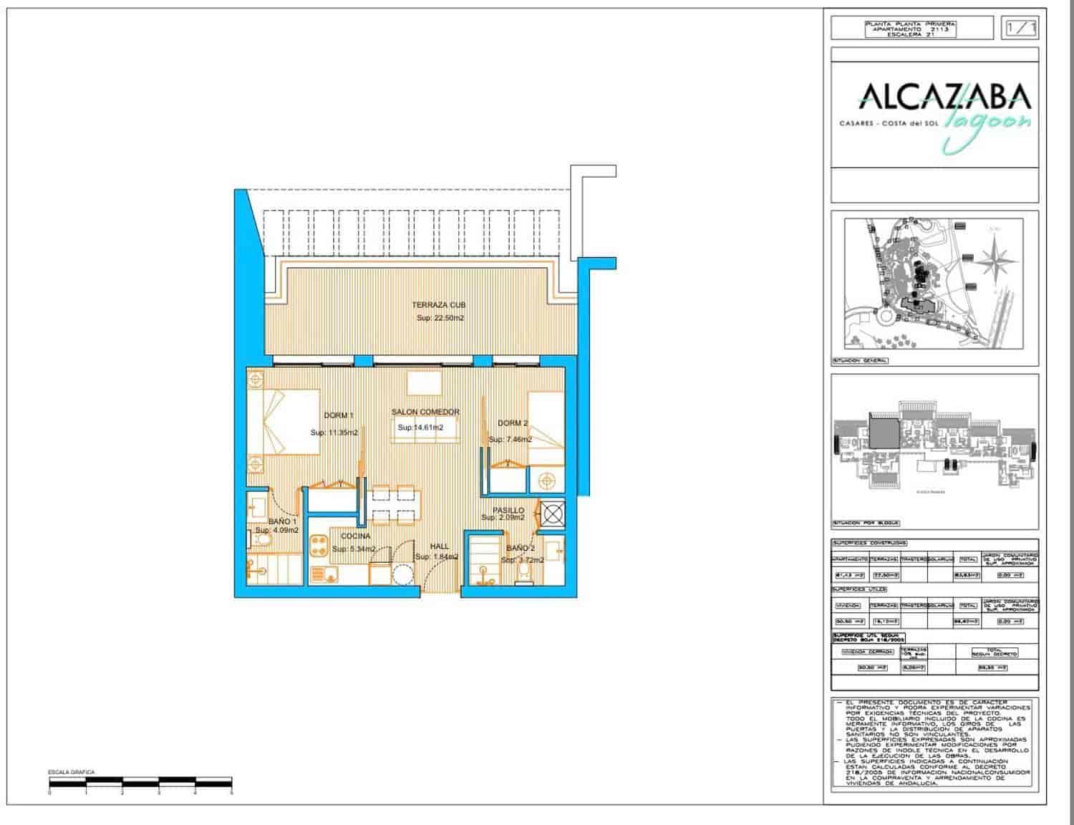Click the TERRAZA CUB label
click(x=438, y=305)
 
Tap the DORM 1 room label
click(x=339, y=415)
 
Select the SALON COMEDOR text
click(x=425, y=412)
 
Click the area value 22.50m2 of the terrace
click(x=440, y=318)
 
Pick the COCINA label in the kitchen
click(x=355, y=536)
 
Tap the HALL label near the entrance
click(x=439, y=546)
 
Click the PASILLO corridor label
click(x=508, y=511)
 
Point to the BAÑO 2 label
click(x=520, y=549)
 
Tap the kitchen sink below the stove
click(x=325, y=574)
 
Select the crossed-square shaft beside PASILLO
click(x=553, y=513)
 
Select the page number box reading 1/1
click(x=1020, y=28)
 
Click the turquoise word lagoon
click(x=989, y=127)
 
